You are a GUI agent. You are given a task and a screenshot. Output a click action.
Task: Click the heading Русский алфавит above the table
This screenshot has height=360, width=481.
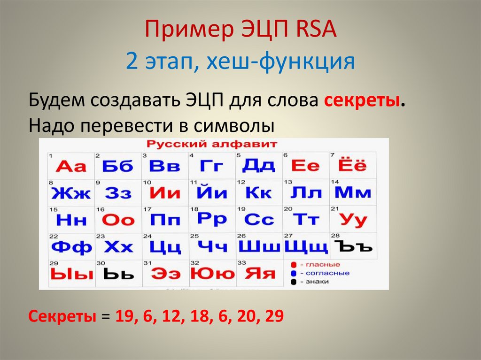[212, 144]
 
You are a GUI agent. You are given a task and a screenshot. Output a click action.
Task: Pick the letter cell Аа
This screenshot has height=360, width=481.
[71, 166]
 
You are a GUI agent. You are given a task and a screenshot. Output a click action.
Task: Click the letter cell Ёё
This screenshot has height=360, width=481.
[352, 166]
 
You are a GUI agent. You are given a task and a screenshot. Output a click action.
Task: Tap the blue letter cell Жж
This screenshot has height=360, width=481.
[71, 192]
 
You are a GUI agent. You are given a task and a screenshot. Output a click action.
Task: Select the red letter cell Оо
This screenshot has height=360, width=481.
[118, 220]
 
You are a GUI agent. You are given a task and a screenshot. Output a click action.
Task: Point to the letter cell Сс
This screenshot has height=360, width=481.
[259, 219]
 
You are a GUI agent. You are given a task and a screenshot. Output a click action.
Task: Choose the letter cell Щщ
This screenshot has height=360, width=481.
[306, 246]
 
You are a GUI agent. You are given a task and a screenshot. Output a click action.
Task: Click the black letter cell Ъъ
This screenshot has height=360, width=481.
[353, 246]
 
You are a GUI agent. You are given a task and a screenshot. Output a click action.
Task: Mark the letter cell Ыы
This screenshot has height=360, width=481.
[71, 274]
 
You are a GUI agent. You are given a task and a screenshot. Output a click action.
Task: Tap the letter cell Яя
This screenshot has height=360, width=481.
[259, 274]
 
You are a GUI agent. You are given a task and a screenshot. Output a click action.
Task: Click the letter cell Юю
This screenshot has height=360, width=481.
[212, 274]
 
